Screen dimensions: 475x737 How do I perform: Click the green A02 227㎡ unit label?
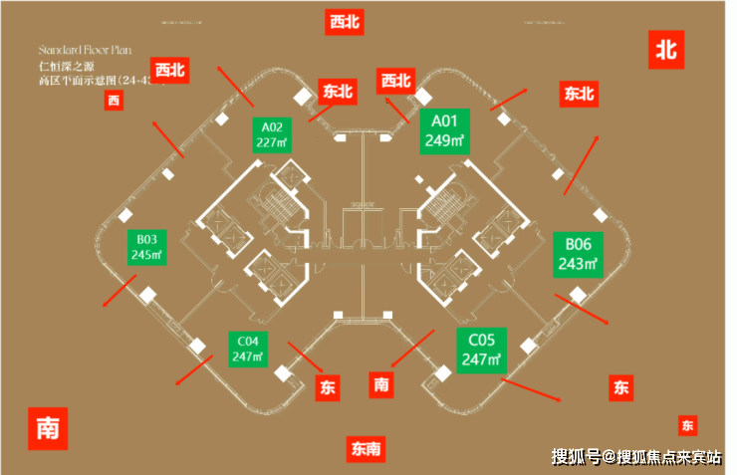pyautogui.click(x=272, y=133)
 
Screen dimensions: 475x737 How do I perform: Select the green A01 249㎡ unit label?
pyautogui.click(x=444, y=131)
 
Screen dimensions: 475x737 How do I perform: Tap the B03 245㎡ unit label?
pyautogui.click(x=145, y=246)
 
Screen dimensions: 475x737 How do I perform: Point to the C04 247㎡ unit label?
pyautogui.click(x=247, y=348)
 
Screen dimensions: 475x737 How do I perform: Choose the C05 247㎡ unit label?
pyautogui.click(x=482, y=351)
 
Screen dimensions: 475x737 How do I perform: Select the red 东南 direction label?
pyautogui.click(x=366, y=449)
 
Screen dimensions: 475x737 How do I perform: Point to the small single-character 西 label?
pyautogui.click(x=114, y=100)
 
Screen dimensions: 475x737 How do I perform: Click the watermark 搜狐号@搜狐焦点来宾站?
pyautogui.click(x=636, y=457)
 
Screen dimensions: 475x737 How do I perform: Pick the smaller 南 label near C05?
pyautogui.click(x=381, y=383)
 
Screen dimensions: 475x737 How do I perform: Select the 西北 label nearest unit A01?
pyautogui.click(x=395, y=81)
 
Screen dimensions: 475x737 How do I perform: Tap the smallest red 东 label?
pyautogui.click(x=687, y=425)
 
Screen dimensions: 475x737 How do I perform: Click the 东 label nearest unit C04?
pyautogui.click(x=328, y=388)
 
